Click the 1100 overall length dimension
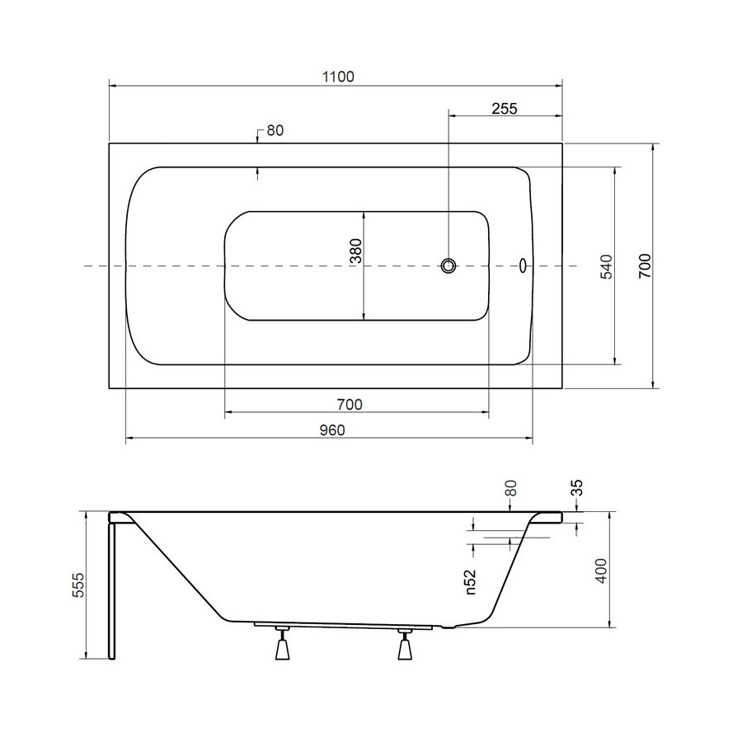click(338, 77)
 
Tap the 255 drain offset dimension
click(505, 109)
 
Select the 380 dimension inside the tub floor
click(355, 251)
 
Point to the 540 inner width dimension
click(606, 266)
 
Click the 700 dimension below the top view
click(350, 405)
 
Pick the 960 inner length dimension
click(332, 430)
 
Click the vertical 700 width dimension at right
click(645, 266)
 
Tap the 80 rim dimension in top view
click(275, 130)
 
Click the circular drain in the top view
click(448, 266)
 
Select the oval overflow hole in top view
click(523, 265)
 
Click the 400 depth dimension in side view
click(601, 571)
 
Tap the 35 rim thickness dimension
click(577, 487)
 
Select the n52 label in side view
click(470, 581)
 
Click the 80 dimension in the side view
click(510, 487)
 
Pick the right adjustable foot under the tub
click(405, 644)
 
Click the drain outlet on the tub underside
click(448, 627)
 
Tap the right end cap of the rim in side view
click(559, 517)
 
